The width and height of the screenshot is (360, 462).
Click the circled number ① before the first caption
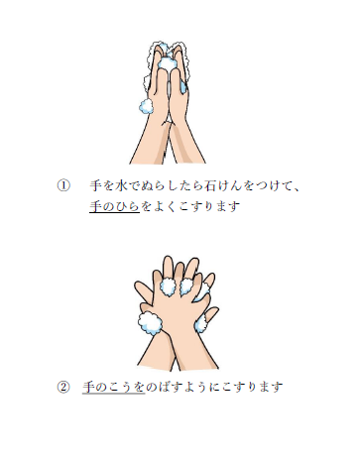[x=63, y=185]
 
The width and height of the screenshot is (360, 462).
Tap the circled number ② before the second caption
[x=63, y=387]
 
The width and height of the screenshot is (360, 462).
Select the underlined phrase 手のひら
[x=114, y=206]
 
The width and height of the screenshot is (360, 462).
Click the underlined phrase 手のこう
[x=114, y=387]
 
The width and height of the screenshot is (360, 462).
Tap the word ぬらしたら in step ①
[x=172, y=185]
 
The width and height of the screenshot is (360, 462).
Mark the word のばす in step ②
[x=165, y=387]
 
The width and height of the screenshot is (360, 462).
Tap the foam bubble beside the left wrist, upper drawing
[x=146, y=106]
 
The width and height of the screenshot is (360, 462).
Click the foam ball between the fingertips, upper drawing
[x=168, y=62]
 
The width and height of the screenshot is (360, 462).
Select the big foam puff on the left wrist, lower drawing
[x=150, y=323]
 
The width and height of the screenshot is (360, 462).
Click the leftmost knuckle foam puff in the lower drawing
[x=169, y=288]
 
